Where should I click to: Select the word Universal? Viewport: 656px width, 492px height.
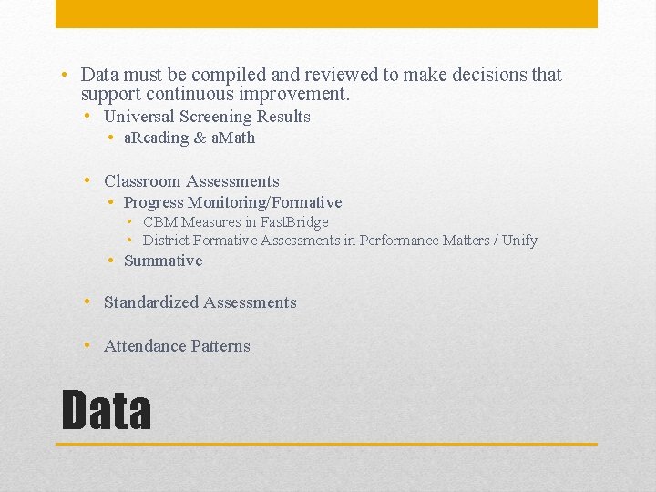pyautogui.click(x=140, y=117)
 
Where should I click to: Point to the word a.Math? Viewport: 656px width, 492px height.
pyautogui.click(x=233, y=138)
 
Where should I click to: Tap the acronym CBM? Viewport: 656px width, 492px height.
pyautogui.click(x=160, y=222)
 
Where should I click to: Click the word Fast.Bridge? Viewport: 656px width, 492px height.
pyautogui.click(x=293, y=222)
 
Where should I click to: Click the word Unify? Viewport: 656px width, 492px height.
pyautogui.click(x=519, y=241)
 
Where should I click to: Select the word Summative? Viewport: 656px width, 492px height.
pyautogui.click(x=163, y=261)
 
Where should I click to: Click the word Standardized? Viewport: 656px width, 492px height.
pyautogui.click(x=151, y=302)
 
